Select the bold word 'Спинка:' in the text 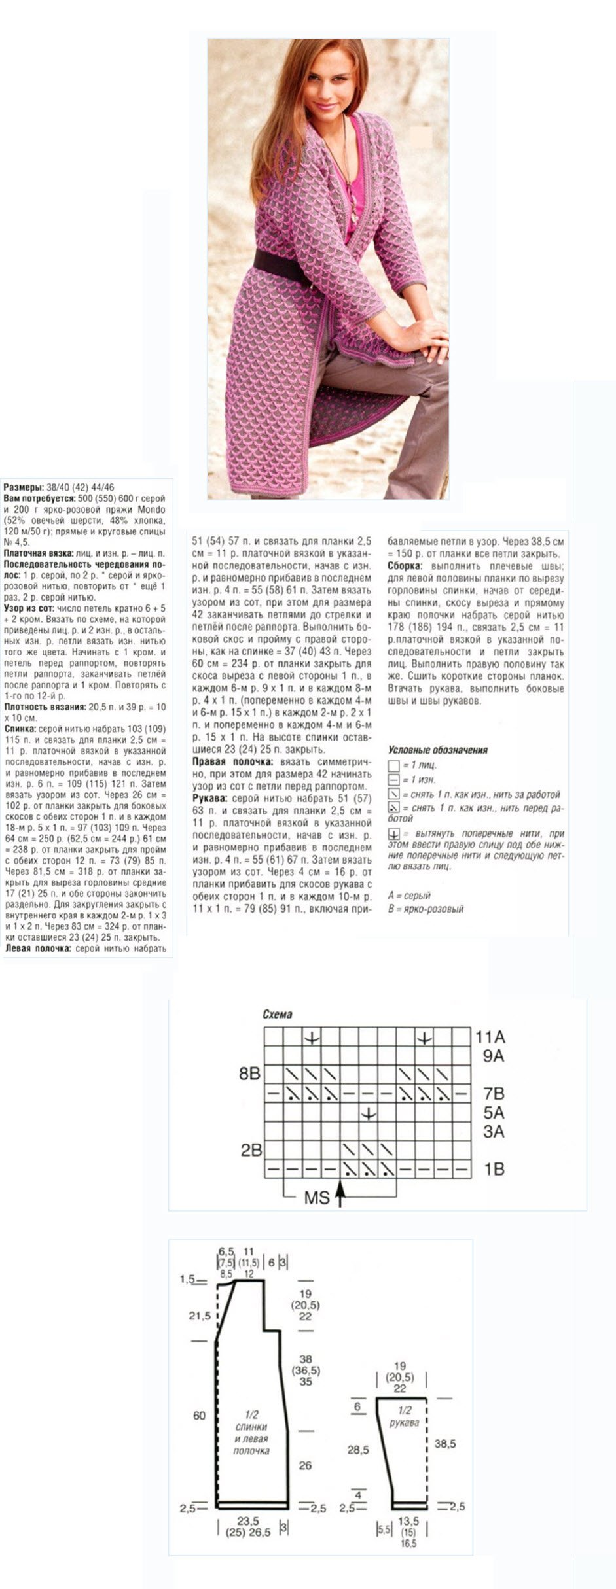[20, 727]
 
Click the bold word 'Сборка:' [403, 565]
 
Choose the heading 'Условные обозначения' [438, 750]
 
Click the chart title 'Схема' [277, 1015]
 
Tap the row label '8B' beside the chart [249, 1074]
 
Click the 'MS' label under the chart [316, 1198]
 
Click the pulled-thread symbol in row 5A [369, 1112]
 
